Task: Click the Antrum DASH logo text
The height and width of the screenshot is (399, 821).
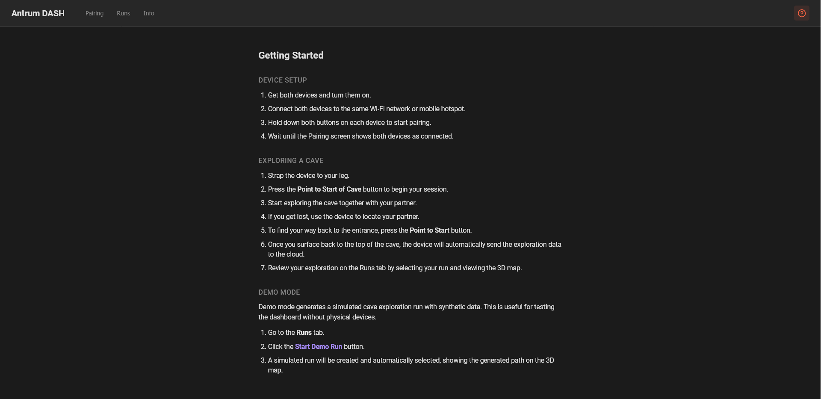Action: [x=38, y=13]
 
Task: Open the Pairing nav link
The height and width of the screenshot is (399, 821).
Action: [x=95, y=13]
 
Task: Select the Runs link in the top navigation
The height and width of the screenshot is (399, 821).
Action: [x=123, y=13]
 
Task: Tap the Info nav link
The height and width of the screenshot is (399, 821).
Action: [x=149, y=13]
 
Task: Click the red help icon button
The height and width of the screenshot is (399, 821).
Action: [x=801, y=13]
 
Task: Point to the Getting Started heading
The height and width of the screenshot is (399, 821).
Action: [x=291, y=56]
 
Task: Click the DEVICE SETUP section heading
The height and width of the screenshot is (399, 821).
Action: [x=283, y=80]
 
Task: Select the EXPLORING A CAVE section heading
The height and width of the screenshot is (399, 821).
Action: [x=291, y=161]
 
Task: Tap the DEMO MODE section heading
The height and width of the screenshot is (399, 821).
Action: [x=279, y=293]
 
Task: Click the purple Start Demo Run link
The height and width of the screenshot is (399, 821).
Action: [x=319, y=347]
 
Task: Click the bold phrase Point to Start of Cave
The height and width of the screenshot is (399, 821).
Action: [x=329, y=189]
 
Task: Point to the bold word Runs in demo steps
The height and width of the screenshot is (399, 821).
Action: [x=304, y=333]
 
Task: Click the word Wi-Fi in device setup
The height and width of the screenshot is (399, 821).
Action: [x=377, y=109]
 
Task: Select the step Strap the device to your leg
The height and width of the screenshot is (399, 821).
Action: [x=308, y=176]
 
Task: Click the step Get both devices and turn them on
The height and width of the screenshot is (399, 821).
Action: [x=319, y=95]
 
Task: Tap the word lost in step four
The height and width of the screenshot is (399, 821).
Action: [x=303, y=217]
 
